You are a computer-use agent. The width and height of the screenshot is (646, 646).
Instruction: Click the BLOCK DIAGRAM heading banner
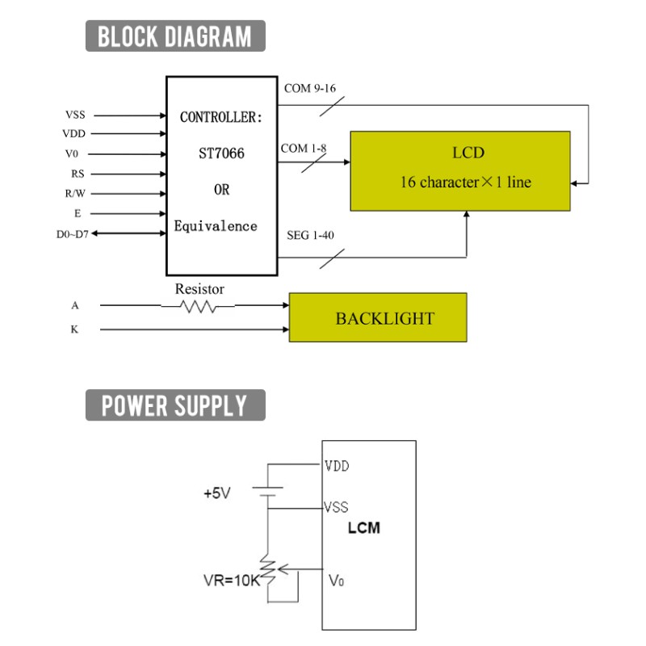(x=175, y=36)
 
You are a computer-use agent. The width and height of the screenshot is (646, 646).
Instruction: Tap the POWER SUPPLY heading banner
(x=175, y=405)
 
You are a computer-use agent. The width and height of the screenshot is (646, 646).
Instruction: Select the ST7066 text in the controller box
(x=221, y=153)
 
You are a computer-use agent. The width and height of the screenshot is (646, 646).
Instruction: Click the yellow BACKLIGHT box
(x=378, y=317)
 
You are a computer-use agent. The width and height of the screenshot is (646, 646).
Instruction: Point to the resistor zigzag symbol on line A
(x=198, y=307)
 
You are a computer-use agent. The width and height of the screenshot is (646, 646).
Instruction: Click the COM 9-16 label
(x=310, y=88)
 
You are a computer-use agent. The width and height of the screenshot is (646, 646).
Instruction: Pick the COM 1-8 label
(x=304, y=148)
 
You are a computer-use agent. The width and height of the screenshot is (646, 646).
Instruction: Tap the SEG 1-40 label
(x=310, y=235)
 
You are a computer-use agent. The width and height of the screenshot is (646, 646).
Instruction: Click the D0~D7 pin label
(x=73, y=234)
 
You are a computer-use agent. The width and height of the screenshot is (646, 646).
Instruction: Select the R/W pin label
(x=75, y=193)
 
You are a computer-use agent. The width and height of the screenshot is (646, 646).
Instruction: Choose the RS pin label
(x=78, y=174)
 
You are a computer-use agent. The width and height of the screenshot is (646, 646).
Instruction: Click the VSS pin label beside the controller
(x=75, y=115)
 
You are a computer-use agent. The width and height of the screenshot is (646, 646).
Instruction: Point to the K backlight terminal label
(x=74, y=329)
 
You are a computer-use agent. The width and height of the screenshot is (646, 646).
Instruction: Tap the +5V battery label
(x=217, y=493)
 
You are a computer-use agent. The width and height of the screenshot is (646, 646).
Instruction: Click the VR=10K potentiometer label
(x=232, y=581)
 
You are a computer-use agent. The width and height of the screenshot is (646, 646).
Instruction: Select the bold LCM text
(x=364, y=528)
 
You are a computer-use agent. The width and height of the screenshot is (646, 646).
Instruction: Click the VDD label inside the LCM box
(x=337, y=466)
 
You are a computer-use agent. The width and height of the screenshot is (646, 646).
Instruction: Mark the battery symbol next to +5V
(x=268, y=492)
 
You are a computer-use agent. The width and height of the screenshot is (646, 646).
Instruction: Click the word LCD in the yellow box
(x=468, y=153)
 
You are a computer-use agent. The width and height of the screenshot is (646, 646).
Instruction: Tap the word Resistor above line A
(x=199, y=289)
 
